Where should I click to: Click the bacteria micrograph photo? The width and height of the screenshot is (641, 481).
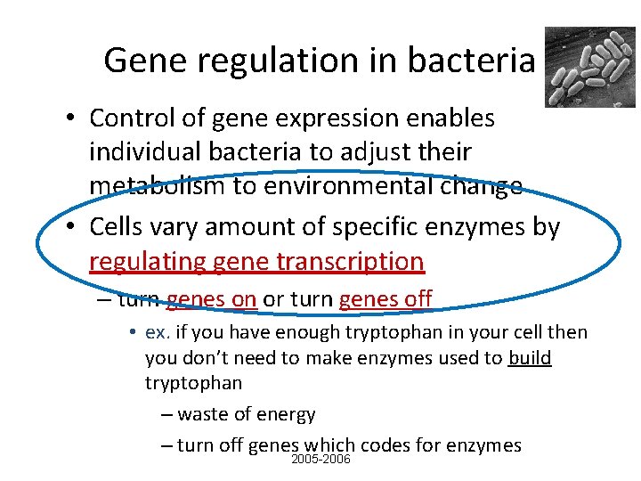(590, 67)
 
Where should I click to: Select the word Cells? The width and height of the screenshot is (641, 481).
(120, 227)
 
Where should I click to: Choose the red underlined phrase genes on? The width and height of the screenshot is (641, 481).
(212, 298)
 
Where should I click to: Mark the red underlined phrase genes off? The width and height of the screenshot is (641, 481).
(385, 298)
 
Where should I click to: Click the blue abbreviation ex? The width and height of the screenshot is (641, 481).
(157, 333)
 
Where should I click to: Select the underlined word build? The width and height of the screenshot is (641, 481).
(530, 358)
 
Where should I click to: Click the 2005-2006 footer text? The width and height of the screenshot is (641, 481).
(321, 460)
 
